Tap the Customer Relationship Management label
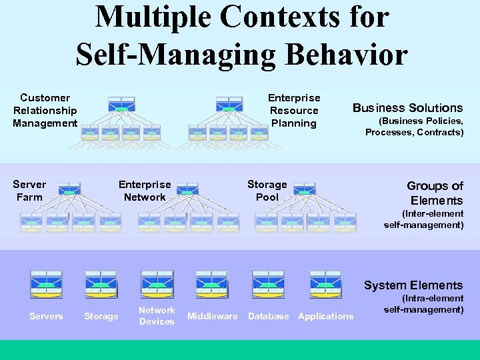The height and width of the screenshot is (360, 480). point(45,111)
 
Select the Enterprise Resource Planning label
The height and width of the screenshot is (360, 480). point(294,111)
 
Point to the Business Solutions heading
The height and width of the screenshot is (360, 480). point(407,108)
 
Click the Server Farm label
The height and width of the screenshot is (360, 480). point(29,191)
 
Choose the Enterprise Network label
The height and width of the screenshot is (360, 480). point(145,191)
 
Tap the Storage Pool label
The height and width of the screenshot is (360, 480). point(267,191)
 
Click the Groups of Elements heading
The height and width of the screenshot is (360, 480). point(435,193)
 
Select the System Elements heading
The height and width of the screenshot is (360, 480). point(413,285)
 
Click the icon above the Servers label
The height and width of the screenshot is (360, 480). point(46,284)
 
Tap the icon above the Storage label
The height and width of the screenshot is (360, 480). point(101,284)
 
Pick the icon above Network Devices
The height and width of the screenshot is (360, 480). point(157,284)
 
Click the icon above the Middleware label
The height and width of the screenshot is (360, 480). point(212,284)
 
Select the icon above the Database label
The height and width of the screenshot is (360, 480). point(268,284)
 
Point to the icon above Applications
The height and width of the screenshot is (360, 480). point(325,284)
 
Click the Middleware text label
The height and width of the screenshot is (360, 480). point(212,317)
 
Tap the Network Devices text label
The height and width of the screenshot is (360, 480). point(157,316)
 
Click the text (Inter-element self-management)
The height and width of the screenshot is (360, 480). point(424,219)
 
